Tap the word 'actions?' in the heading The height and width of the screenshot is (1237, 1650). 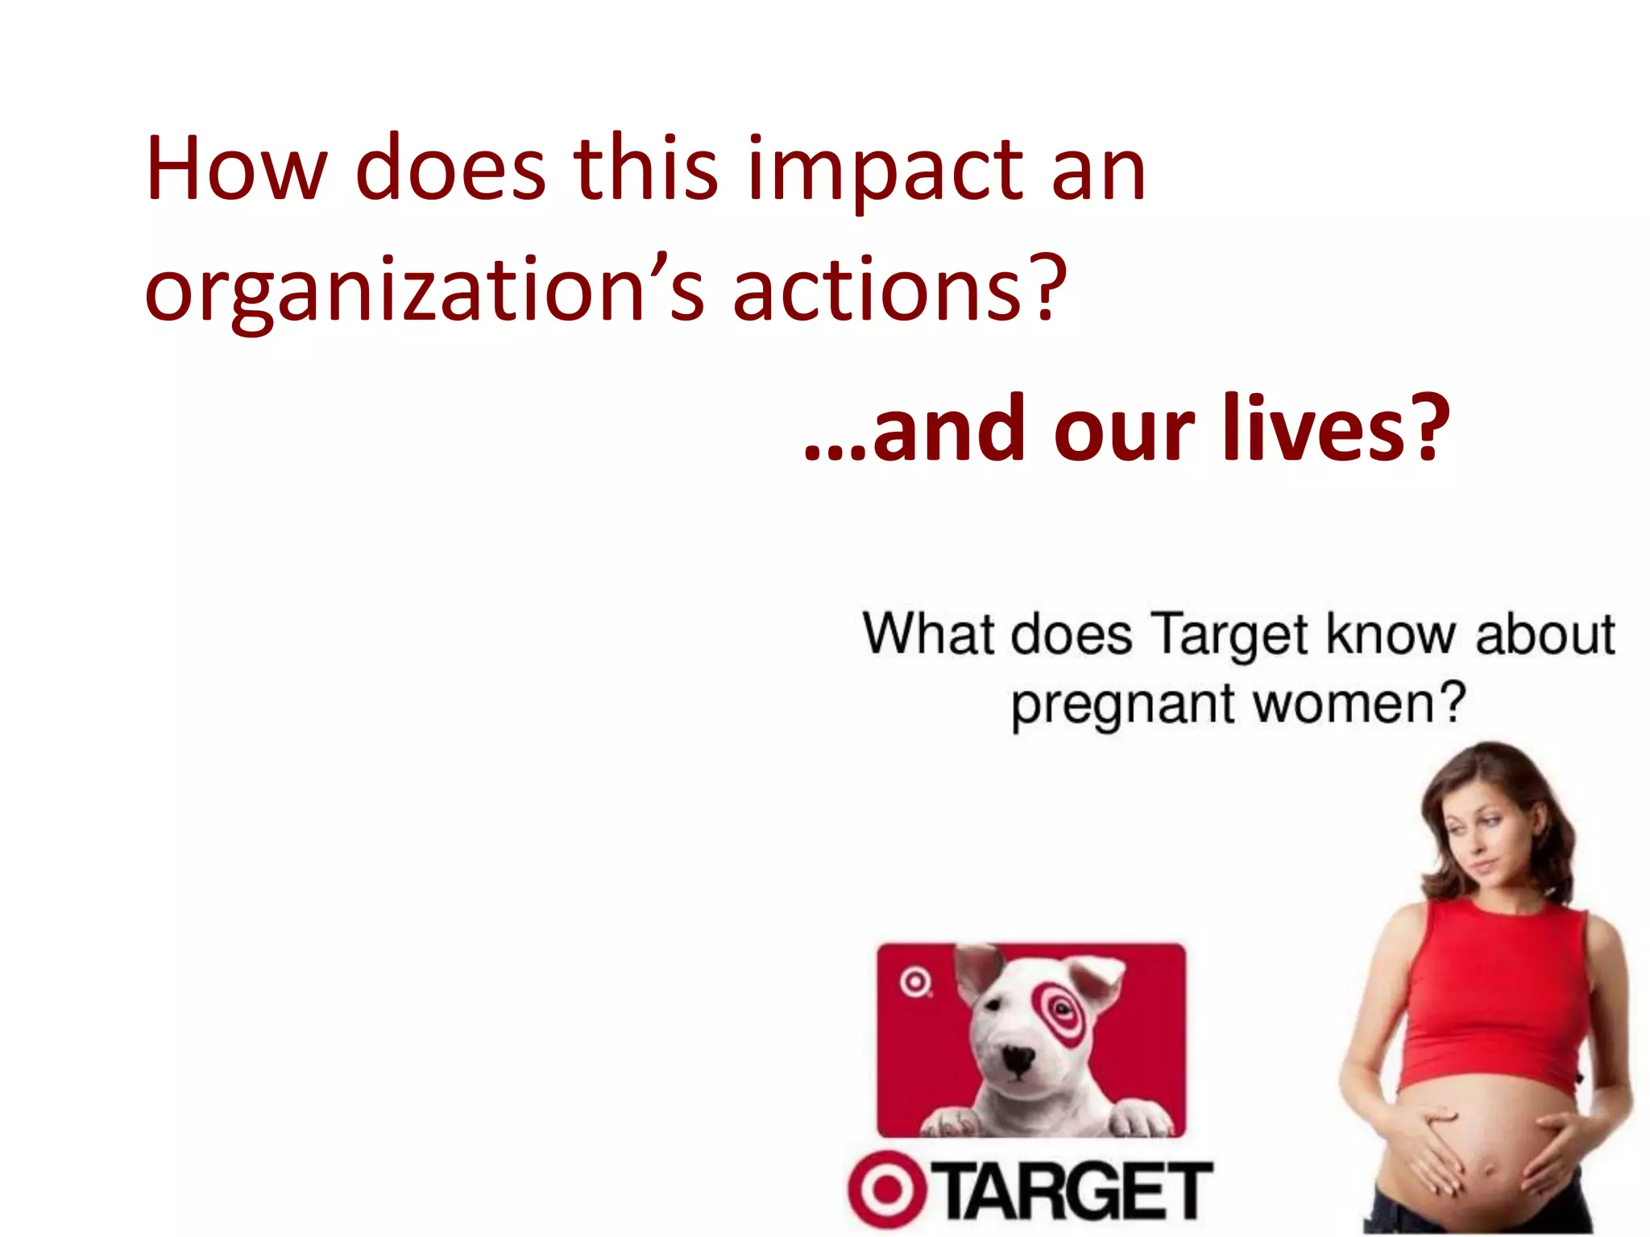pyautogui.click(x=899, y=288)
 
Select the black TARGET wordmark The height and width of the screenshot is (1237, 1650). pyautogui.click(x=1076, y=1190)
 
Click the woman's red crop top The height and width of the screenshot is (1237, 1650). pyautogui.click(x=1490, y=999)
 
